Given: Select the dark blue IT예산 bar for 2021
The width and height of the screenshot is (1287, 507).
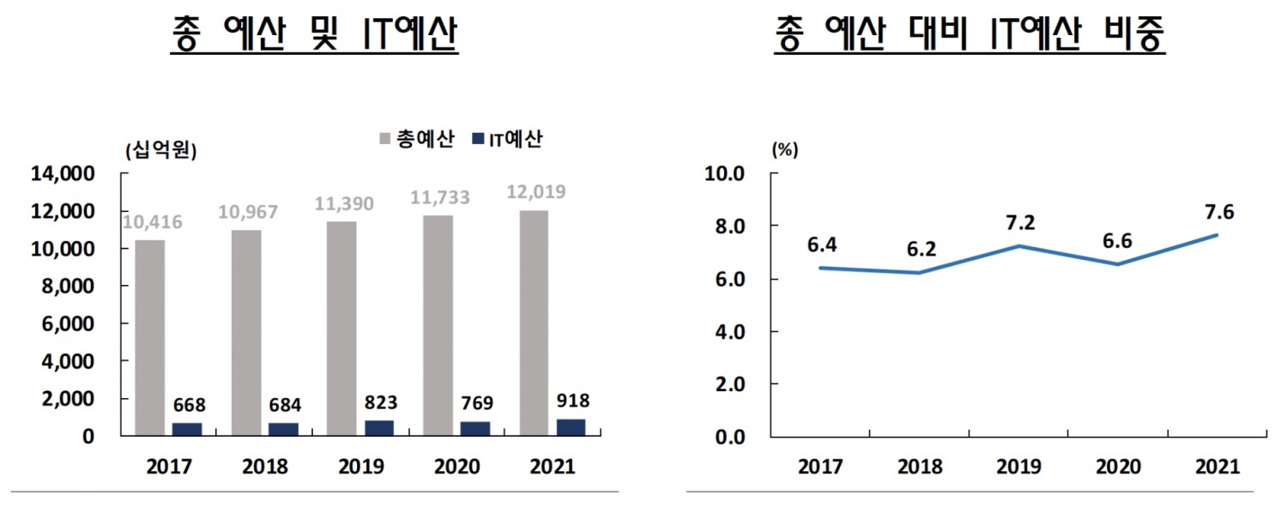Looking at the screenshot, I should coord(571,427).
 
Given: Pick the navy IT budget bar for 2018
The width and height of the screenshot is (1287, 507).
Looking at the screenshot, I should coord(283,429).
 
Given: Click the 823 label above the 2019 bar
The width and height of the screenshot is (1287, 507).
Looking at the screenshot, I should coord(380,402).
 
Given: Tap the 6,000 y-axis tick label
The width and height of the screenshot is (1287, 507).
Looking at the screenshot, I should coord(68,324).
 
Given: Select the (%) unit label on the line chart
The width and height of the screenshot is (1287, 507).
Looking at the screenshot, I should coord(784,149).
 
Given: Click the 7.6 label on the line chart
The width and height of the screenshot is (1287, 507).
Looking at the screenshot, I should coord(1218,212).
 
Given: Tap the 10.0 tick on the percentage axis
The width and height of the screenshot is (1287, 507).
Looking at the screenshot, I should coord(726,174).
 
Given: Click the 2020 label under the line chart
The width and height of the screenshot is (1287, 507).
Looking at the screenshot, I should coord(1118,468).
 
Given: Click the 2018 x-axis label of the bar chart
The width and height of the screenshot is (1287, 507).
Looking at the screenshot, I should coord(265,468).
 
